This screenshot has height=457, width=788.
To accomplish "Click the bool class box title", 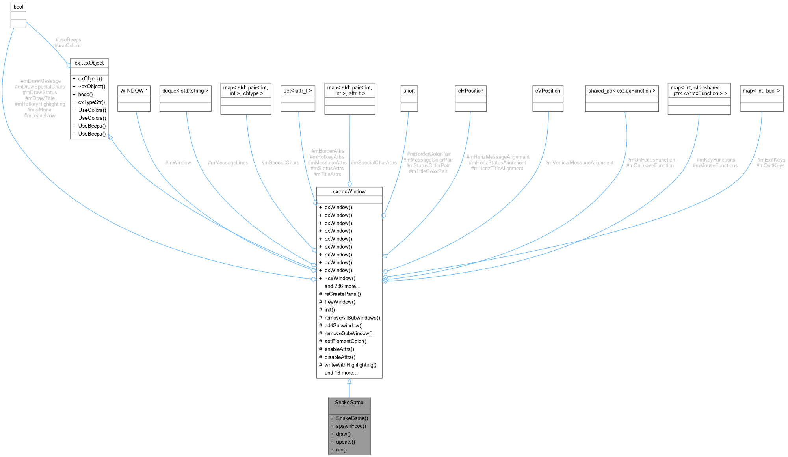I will pos(18,7).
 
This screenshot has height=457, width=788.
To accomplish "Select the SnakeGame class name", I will pos(349,402).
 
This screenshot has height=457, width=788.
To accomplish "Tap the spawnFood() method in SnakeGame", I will pos(351,426).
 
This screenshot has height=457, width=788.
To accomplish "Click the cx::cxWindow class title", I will pos(349,191).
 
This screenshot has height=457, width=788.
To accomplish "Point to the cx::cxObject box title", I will pos(89,63).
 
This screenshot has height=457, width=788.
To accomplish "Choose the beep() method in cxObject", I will pos(85,94).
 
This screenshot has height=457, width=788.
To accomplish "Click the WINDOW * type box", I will pos(134,91).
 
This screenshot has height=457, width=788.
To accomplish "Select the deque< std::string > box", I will pos(185,91).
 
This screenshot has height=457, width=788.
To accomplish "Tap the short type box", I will pos(409,91).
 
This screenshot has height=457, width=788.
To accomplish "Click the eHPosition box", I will pos(470,91).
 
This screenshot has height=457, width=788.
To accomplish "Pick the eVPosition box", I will pos(548,91).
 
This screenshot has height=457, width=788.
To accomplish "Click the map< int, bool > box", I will pos(761,91).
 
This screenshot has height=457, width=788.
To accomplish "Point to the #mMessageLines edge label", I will pos(228,163).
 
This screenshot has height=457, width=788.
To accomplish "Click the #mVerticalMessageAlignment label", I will pos(579,163).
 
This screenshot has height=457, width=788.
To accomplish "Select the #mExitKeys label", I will pos(771,160).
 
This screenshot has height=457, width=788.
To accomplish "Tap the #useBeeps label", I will pos(69,40).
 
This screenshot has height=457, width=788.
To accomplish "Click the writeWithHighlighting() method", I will pos(350,365).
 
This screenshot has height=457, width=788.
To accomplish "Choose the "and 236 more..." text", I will pos(342,286).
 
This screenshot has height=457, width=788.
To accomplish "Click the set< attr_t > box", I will pos(298,91).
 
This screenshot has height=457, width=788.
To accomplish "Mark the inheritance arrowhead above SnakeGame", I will pos(349,381).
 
